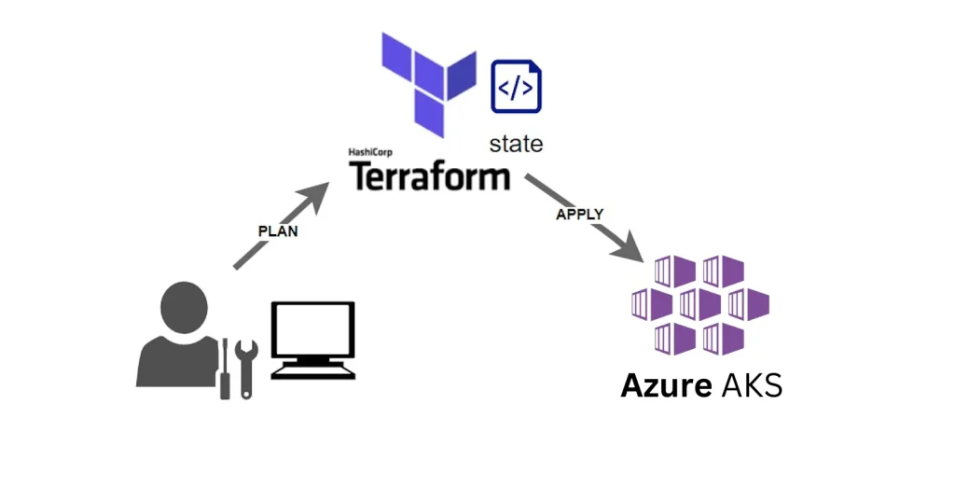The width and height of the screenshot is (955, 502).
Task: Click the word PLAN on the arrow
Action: click(278, 231)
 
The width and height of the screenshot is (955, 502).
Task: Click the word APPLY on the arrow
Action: click(580, 214)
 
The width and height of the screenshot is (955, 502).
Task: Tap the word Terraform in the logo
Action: click(430, 175)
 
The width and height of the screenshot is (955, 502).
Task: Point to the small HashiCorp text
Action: click(369, 152)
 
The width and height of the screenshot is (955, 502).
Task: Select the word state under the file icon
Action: click(516, 144)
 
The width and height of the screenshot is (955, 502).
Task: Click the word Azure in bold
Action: click(666, 384)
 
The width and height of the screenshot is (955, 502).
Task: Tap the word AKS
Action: click(752, 384)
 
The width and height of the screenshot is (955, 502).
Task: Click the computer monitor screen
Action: click(312, 331)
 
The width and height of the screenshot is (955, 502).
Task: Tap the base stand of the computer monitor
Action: click(313, 370)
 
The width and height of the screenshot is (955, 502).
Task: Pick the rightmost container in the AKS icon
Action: click(748, 303)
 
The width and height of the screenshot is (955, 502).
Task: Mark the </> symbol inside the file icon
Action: click(516, 89)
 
